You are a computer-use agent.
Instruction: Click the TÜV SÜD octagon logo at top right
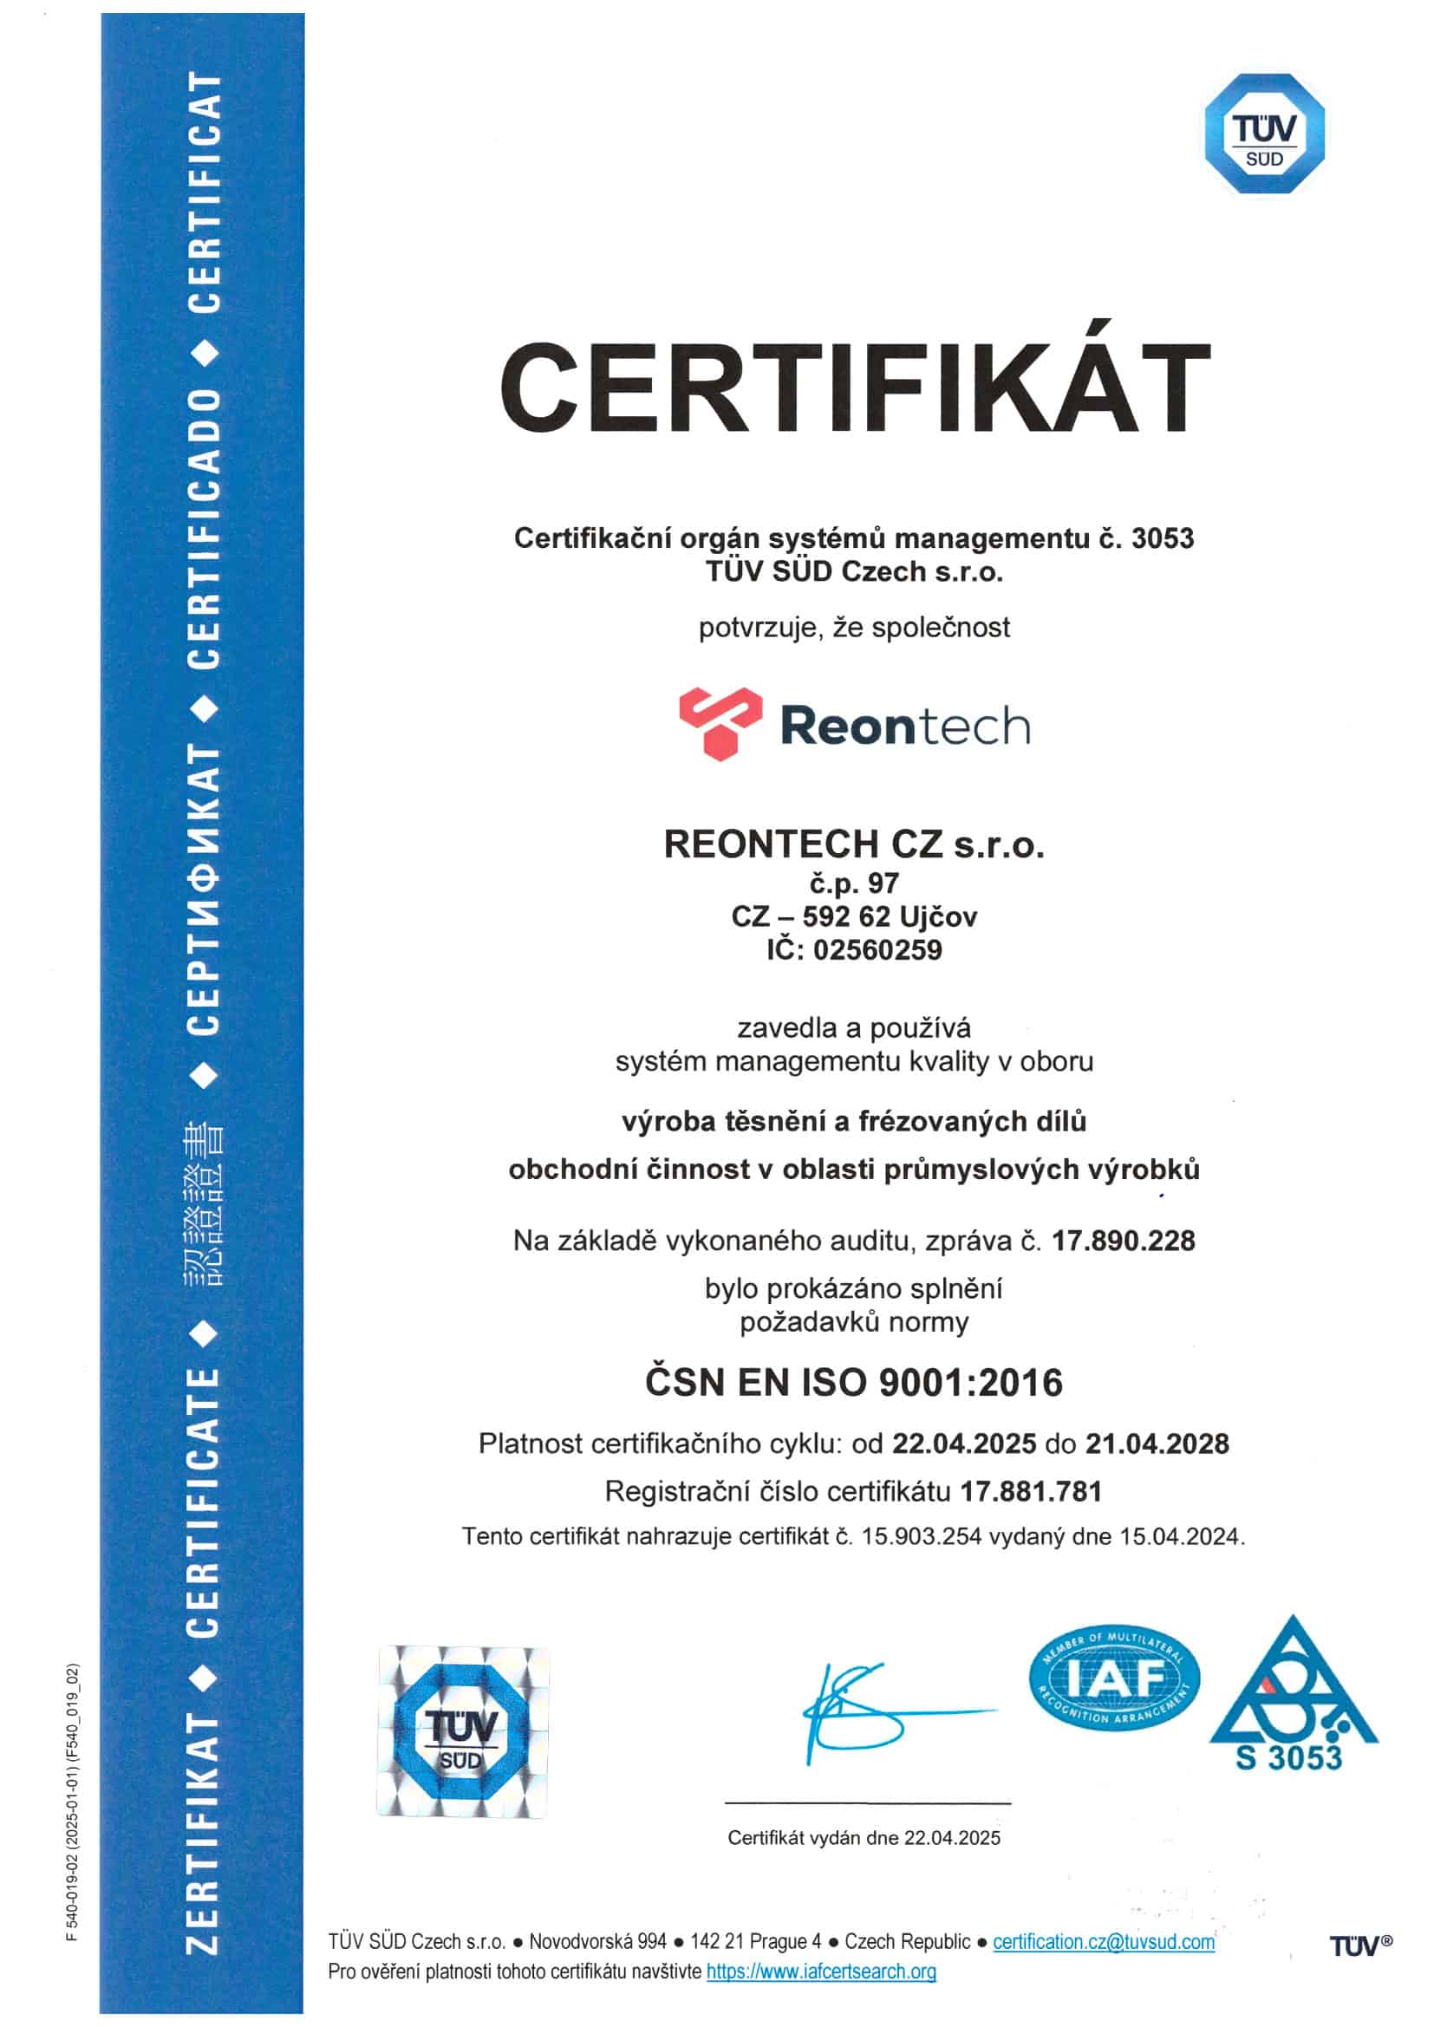tap(1263, 134)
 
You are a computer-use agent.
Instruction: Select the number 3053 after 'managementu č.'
tap(1162, 538)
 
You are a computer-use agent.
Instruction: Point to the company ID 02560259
tap(877, 950)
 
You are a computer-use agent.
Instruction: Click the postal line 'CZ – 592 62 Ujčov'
tap(854, 916)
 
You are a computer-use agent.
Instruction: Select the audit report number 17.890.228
tap(1123, 1241)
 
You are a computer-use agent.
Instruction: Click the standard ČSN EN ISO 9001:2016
tap(854, 1383)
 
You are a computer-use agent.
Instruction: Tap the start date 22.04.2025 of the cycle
tap(963, 1444)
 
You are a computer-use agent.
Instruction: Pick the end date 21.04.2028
tap(1157, 1444)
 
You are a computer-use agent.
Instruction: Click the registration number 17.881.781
tap(1031, 1491)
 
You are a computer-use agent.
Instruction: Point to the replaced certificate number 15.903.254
tap(921, 1536)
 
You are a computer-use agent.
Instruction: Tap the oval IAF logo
tap(1114, 1679)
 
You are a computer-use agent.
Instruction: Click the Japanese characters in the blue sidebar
tap(203, 1203)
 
